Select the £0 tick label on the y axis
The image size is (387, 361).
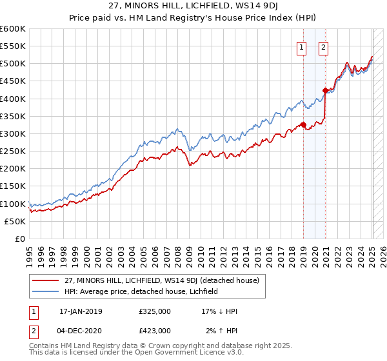[x=19, y=239]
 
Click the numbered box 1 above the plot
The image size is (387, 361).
[x=301, y=46]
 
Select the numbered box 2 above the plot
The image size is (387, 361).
[x=322, y=46]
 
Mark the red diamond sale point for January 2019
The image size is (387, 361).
[x=303, y=125]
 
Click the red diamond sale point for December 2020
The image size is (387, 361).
[x=325, y=91]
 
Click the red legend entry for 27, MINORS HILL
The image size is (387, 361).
[x=161, y=280]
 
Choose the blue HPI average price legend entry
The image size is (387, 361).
[x=141, y=291]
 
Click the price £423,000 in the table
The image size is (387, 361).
[x=155, y=330]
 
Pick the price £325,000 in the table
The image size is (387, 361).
[x=155, y=311]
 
